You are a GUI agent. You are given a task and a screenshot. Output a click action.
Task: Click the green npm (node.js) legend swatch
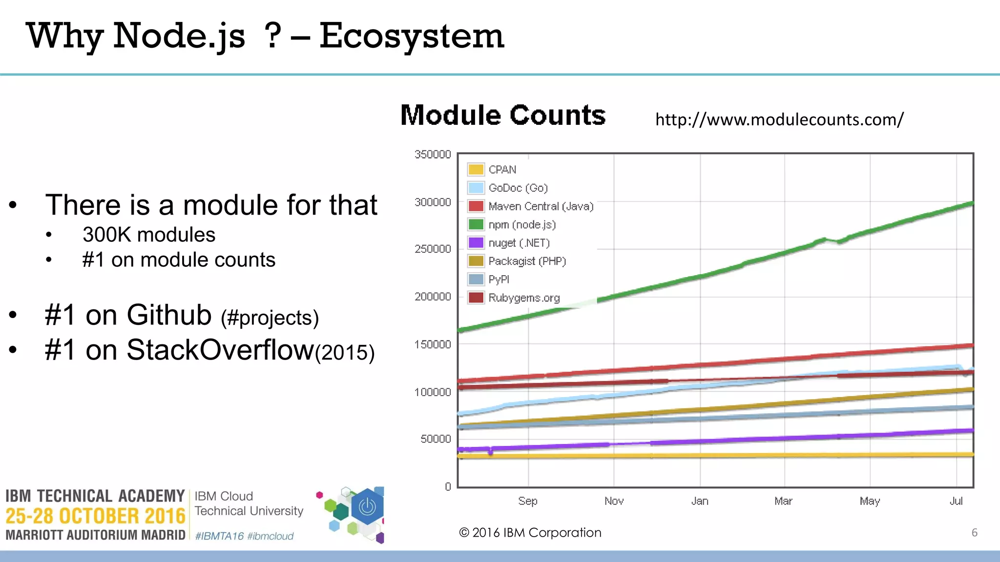pos(476,224)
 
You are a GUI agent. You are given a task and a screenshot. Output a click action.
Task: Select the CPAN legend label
pos(502,170)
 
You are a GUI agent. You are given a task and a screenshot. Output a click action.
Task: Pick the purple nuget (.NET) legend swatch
pos(476,242)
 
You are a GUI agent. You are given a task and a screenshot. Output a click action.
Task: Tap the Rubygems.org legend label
pos(524,298)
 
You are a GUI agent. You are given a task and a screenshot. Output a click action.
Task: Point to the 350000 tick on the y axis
pos(433,155)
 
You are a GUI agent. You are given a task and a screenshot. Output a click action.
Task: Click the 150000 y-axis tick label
pos(433,344)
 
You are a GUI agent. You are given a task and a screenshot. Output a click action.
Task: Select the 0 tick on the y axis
pos(448,486)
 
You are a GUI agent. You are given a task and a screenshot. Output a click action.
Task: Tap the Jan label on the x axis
pos(700,501)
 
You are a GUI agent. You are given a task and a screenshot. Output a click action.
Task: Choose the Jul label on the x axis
pos(956,501)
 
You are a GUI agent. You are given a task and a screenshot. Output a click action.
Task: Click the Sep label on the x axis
pos(527,501)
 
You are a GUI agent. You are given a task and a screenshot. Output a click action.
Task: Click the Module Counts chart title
pos(503,116)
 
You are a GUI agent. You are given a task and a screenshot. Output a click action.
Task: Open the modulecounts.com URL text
pos(779,120)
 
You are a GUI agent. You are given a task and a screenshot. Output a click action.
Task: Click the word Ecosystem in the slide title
pos(411,36)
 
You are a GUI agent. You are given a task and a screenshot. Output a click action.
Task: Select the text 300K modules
pos(148,235)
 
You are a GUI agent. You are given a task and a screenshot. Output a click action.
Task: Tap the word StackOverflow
pos(220,350)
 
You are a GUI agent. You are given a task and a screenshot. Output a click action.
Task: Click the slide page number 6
pos(974,533)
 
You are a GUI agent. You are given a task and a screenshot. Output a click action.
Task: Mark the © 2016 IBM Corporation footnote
pos(530,533)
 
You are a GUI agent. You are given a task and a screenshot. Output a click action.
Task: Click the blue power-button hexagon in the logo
pos(367,507)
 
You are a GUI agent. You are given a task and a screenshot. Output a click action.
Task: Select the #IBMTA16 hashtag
pos(219,536)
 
